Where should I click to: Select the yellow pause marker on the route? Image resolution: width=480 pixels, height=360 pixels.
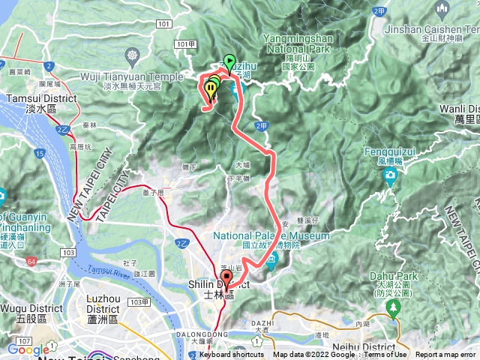[x=212, y=89]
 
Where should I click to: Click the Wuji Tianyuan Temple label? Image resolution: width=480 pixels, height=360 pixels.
[x=132, y=76]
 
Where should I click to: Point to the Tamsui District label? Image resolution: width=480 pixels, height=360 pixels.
[x=41, y=97]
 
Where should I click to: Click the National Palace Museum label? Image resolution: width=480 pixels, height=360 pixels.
[x=271, y=235]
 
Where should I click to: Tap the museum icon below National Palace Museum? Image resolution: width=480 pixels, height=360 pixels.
[x=271, y=259]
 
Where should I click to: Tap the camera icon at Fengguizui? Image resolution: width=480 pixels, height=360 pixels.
[x=390, y=175]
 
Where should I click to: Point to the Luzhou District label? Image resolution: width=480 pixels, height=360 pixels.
[x=103, y=304]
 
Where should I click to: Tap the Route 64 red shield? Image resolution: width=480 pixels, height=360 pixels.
[x=31, y=261]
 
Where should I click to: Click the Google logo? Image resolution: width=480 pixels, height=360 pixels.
[x=28, y=349]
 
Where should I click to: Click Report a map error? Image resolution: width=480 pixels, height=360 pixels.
[x=447, y=355]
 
